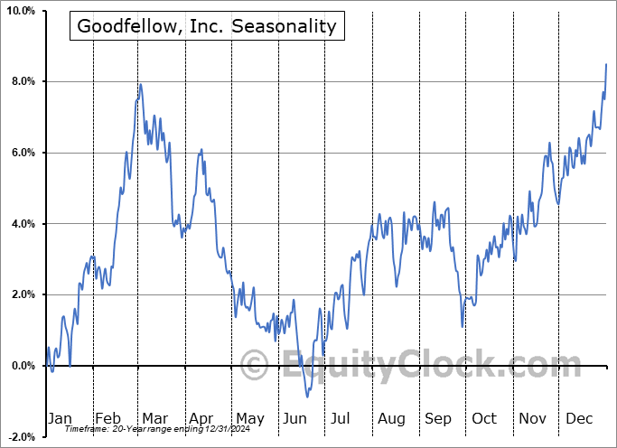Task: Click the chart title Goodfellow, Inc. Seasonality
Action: coord(206,26)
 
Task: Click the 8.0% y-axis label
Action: coord(21,82)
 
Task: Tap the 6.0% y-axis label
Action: coord(21,153)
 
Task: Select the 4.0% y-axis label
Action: coord(21,224)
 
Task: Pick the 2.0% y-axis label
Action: coord(21,294)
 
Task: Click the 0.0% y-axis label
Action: coord(21,366)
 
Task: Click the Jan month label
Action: coord(60,418)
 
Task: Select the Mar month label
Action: coord(154,418)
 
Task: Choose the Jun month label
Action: coord(294,418)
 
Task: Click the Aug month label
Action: coord(390,418)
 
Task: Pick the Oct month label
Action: coord(483,418)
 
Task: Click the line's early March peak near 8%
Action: coord(140,84)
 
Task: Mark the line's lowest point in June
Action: coord(307,397)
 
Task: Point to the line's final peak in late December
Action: coord(606,64)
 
